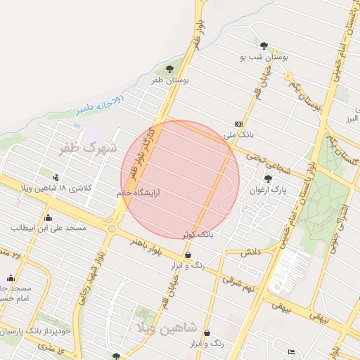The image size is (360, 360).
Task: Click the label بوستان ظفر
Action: pos(169,81)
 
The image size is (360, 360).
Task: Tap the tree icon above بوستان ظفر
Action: pos(169,69)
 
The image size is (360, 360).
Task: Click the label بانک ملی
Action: pos(238,134)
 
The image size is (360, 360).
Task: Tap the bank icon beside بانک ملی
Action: pos(238,122)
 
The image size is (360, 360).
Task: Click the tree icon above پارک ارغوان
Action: pos(268,178)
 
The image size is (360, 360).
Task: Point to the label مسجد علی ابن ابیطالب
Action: pos(48,229)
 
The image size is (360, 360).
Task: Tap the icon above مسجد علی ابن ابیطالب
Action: pos(48,217)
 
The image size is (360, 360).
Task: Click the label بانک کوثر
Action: pos(216,233)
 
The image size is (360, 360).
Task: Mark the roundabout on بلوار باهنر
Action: pos(112,228)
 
